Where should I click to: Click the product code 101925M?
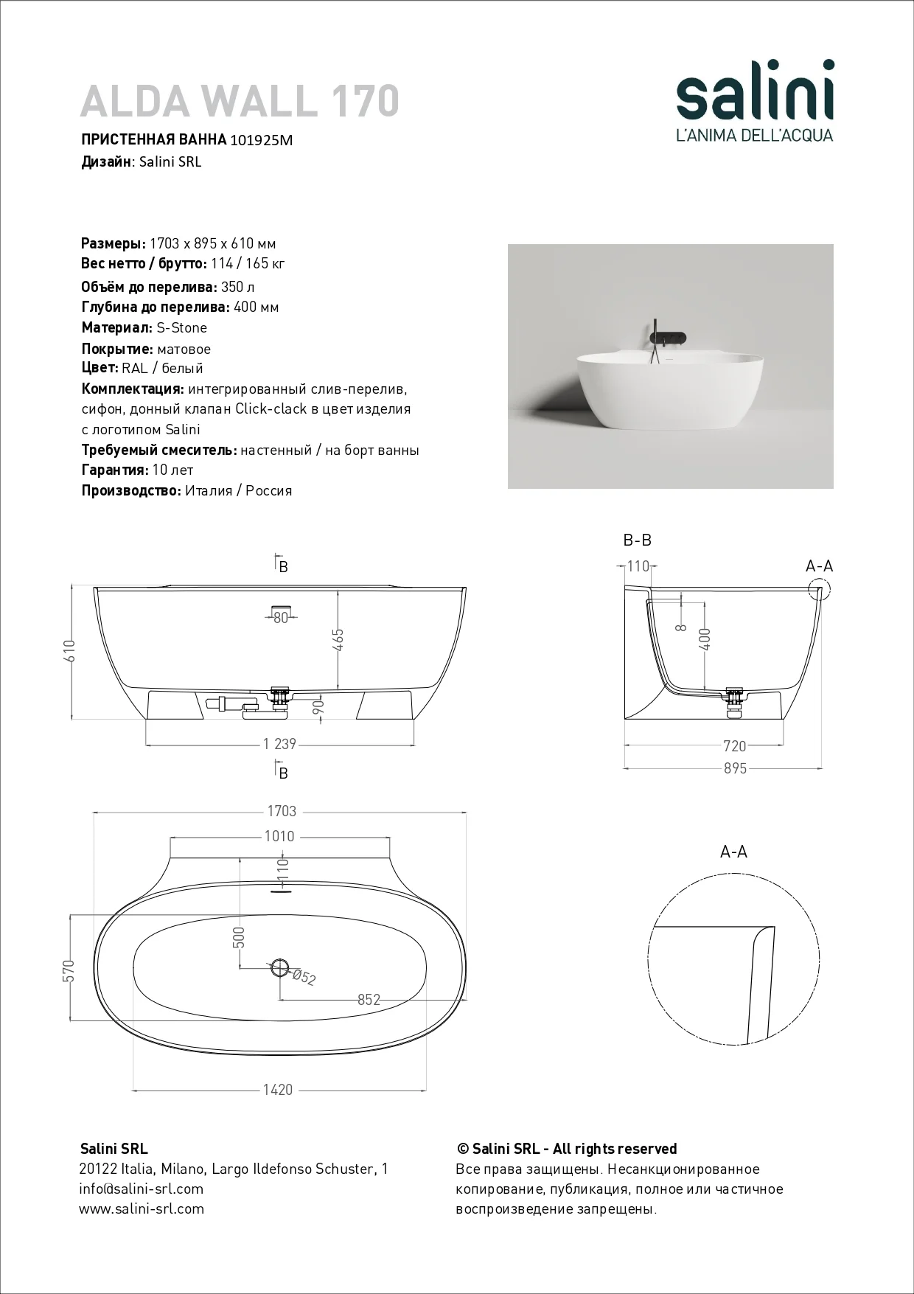[x=262, y=140]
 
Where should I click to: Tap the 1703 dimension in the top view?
[x=282, y=811]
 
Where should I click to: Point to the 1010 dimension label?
[x=279, y=836]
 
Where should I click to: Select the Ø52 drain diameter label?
[x=304, y=977]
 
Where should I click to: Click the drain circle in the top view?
[x=280, y=967]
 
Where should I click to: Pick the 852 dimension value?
[x=369, y=1000]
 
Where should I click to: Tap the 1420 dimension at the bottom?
[x=277, y=1090]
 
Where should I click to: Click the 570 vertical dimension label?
[x=70, y=971]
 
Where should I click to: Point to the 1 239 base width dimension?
[x=280, y=744]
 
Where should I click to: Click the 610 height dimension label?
[x=70, y=650]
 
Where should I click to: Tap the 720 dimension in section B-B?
[x=735, y=746]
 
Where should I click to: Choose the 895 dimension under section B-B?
[x=735, y=768]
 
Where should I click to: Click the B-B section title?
[x=638, y=540]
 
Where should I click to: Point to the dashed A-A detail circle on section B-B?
[x=819, y=590]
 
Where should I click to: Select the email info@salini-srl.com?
[x=142, y=1189]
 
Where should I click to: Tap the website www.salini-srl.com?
[x=142, y=1208]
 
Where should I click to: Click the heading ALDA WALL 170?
[x=240, y=100]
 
